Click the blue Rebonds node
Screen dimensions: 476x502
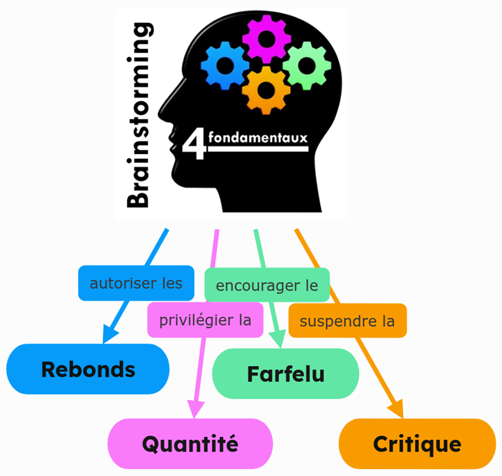coord(88,369)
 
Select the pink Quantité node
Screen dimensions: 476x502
coord(190,443)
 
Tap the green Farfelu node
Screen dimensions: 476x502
coord(285,374)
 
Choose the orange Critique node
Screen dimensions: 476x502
coord(417,444)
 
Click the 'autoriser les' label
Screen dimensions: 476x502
coord(136,283)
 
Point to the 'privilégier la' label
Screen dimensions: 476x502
coord(205,321)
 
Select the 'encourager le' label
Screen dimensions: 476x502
coord(266,285)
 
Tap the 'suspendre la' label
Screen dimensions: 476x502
coord(347,321)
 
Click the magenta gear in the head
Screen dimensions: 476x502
coord(266,38)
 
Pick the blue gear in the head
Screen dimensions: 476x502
coord(225,66)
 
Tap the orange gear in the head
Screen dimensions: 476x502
coord(266,89)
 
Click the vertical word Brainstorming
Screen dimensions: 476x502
coord(139,115)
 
